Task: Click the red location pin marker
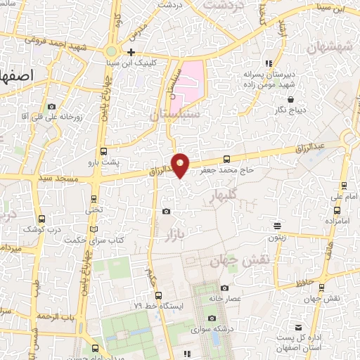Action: [x=181, y=165]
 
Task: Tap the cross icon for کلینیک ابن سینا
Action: [x=131, y=53]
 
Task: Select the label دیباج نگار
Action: [x=291, y=110]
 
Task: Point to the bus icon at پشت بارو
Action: [x=104, y=151]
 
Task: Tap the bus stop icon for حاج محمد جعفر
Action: [x=226, y=159]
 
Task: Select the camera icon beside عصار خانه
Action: [x=224, y=288]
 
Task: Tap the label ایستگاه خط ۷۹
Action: [x=158, y=306]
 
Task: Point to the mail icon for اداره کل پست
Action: [x=299, y=328]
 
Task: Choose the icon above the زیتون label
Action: [x=278, y=226]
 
